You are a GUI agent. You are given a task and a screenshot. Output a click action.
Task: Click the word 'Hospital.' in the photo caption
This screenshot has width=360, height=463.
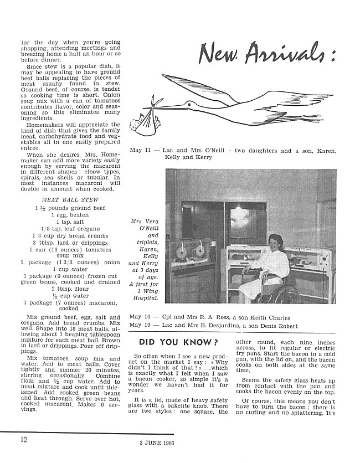[x=145, y=299]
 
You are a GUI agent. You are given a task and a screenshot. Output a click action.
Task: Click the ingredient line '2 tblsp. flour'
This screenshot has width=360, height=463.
[x=70, y=288]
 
